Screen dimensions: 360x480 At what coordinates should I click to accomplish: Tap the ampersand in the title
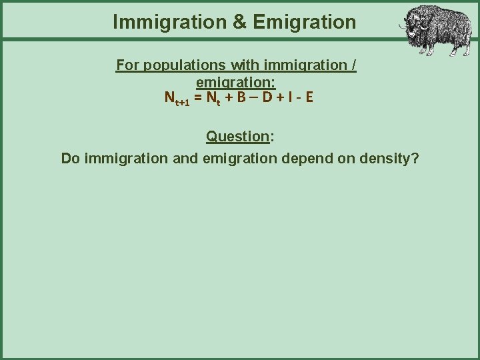tap(239, 22)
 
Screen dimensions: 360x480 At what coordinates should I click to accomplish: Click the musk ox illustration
tap(433, 30)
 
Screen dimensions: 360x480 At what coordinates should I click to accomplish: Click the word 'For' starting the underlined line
tap(127, 65)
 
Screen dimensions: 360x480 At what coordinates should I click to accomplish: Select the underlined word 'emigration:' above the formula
tap(236, 83)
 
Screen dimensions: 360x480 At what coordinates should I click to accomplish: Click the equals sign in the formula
tap(197, 98)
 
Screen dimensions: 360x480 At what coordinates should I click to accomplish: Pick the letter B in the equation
tap(240, 98)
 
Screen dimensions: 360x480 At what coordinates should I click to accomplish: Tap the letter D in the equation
tap(266, 98)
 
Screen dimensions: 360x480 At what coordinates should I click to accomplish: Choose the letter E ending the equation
tap(309, 98)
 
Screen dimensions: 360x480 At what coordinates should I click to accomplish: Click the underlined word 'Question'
tap(237, 137)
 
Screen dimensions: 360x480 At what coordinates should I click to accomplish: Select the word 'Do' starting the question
tap(70, 159)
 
